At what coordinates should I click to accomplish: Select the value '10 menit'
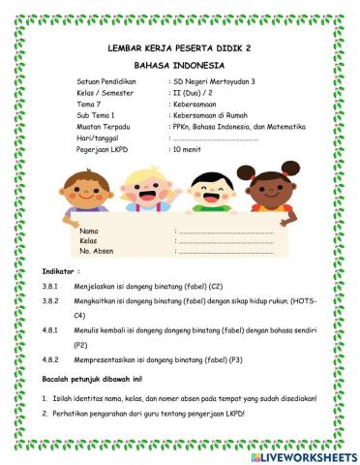coord(188,151)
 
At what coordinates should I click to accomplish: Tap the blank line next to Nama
coord(225,232)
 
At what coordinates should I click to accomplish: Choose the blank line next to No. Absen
coord(225,251)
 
